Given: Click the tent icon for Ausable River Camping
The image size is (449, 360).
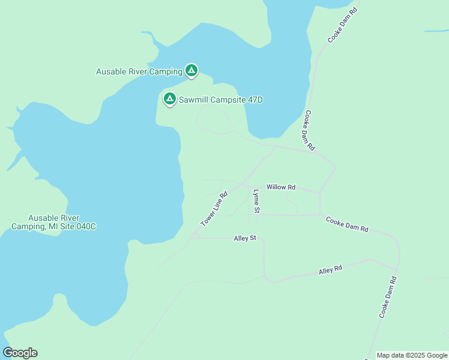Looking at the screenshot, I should pos(191,71).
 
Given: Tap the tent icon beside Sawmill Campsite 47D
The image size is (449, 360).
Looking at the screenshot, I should pos(169,98).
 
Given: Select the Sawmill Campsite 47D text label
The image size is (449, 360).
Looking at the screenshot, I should pos(220,100).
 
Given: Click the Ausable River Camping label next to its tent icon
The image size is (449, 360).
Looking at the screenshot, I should pos(139,72).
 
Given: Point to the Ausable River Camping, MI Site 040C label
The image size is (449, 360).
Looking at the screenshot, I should pos(54,222).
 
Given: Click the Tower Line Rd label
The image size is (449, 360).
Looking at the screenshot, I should pos(214,209).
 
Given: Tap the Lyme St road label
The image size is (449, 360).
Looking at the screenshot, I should pos(256,201).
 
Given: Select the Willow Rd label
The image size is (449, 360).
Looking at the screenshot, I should pos(281,187).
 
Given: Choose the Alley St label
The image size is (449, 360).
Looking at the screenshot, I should pos(245,238).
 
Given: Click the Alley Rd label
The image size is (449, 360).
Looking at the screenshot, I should pos(330,270).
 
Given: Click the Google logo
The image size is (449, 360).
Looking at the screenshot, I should pos(20,353).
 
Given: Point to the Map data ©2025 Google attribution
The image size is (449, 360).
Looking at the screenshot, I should pos(412,355).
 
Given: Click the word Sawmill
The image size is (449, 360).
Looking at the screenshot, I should pos(193,100).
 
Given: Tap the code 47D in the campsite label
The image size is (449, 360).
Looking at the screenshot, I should pos(255,100).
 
